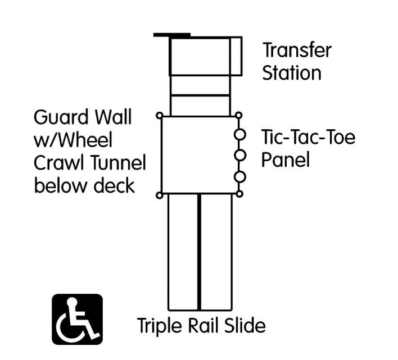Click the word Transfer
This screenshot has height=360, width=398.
click(297, 50)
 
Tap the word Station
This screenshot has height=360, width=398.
click(292, 73)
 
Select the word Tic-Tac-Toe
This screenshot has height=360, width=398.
click(309, 137)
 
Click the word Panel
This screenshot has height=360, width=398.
click(286, 159)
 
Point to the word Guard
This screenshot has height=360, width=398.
click(61, 117)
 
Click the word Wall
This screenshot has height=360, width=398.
click(113, 117)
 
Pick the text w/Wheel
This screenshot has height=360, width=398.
click(73, 140)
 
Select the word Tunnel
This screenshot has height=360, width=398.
click(118, 162)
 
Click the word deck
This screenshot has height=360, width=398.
click(114, 185)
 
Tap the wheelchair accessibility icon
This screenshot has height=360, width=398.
click(78, 319)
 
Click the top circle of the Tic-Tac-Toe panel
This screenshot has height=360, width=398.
click(239, 134)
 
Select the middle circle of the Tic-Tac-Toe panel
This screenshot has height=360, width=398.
click(239, 155)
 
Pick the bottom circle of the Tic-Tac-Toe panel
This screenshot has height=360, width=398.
click(239, 177)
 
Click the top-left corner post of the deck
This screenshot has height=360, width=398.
click(160, 116)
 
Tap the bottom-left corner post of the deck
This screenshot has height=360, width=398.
click(160, 195)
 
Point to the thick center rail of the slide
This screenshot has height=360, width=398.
click(199, 252)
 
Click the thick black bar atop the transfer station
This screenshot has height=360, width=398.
click(172, 35)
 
